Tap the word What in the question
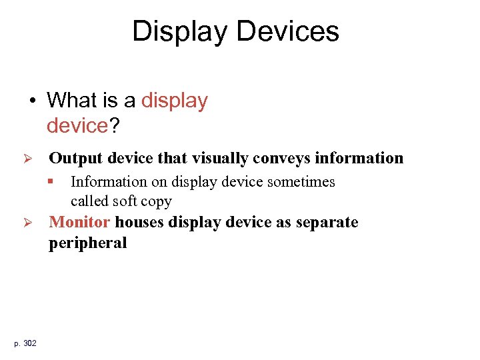(x=72, y=101)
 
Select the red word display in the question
(x=175, y=101)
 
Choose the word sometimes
(x=303, y=182)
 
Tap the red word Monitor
(x=79, y=222)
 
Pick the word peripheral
(x=87, y=243)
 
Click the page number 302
(x=30, y=343)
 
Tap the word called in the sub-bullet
(x=89, y=201)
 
